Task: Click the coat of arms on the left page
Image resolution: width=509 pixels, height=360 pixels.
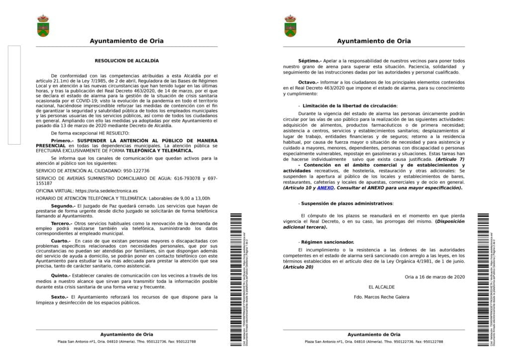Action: tap(43, 25)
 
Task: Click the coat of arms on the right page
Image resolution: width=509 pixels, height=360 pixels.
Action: tap(290, 25)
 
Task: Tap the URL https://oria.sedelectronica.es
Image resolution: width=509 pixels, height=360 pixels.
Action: tap(106, 190)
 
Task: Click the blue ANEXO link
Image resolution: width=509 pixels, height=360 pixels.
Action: tap(326, 188)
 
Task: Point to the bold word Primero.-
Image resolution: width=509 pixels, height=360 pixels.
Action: tap(65, 141)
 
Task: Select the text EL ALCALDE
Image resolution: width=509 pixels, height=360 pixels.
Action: tap(382, 287)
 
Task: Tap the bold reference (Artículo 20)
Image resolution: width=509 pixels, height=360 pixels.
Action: tap(298, 267)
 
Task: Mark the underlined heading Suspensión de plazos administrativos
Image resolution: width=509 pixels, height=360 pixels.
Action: tap(346, 203)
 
